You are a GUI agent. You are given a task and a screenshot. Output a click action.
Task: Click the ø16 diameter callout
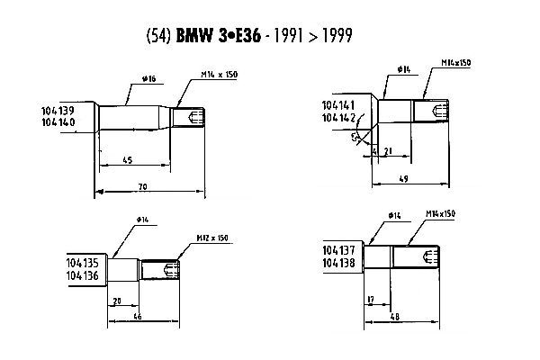coord(149,80)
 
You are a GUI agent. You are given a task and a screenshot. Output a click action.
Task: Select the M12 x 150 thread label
coord(212,238)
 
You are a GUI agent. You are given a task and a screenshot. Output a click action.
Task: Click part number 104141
coord(338,105)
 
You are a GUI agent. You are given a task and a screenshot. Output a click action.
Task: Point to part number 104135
coord(84,264)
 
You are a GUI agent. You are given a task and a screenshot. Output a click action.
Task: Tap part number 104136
coord(84,275)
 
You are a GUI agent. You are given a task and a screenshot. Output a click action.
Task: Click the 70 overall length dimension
coord(142,186)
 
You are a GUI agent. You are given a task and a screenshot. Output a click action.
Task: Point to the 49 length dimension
coord(403,178)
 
